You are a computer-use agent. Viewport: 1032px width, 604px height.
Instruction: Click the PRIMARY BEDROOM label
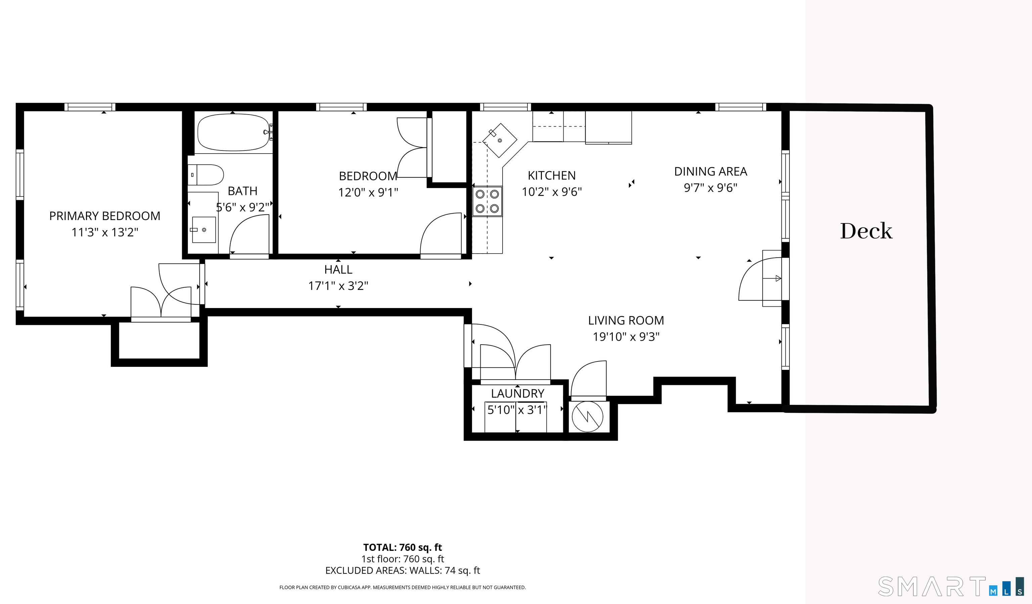(x=105, y=216)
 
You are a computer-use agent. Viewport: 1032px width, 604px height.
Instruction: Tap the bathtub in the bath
(x=233, y=132)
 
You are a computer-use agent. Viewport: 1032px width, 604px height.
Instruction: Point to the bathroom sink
(x=204, y=230)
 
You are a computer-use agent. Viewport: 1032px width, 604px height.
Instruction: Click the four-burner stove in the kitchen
(x=487, y=201)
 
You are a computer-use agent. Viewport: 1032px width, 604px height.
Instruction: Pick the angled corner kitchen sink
(x=500, y=140)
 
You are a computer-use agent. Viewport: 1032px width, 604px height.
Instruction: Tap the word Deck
(x=866, y=231)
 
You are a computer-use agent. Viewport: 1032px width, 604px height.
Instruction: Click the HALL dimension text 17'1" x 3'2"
(x=338, y=286)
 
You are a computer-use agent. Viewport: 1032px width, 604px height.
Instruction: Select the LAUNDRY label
(x=518, y=393)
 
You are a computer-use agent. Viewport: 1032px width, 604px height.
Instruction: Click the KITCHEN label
(x=552, y=175)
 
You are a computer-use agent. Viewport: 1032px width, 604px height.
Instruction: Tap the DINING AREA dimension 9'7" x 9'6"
(x=711, y=187)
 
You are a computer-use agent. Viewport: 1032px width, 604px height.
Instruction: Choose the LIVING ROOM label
(x=626, y=320)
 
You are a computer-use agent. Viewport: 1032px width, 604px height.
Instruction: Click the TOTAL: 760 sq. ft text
(x=402, y=548)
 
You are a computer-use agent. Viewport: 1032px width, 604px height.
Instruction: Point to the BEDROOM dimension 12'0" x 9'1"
(x=368, y=192)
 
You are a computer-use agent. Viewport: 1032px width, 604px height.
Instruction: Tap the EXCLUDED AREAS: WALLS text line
(x=402, y=570)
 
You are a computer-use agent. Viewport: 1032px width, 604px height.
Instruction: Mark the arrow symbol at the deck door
(x=778, y=278)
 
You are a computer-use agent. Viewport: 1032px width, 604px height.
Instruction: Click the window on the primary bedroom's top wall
(x=90, y=107)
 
